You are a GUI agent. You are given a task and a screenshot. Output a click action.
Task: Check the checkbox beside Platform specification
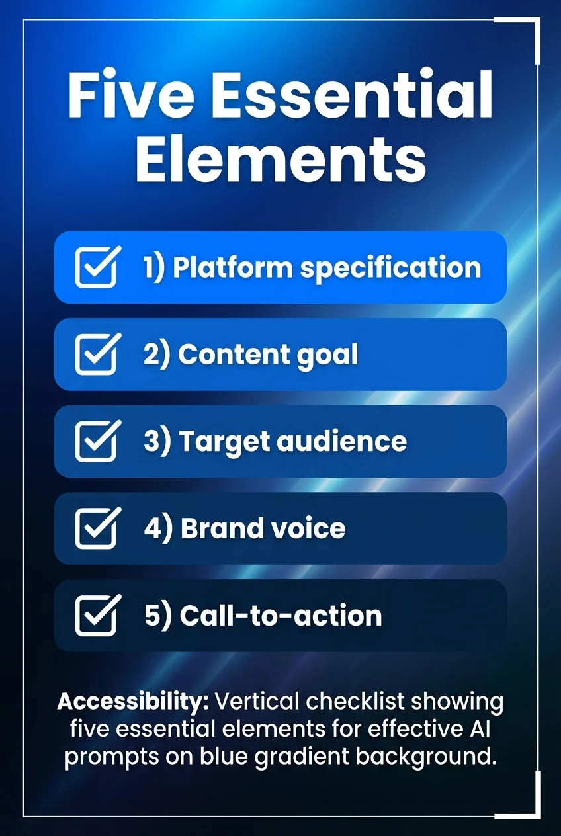click(x=97, y=267)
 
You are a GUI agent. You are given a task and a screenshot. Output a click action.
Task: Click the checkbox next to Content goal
click(x=97, y=355)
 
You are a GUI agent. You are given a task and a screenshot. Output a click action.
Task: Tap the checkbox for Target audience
click(x=97, y=441)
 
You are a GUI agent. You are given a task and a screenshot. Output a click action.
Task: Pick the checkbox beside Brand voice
click(x=97, y=528)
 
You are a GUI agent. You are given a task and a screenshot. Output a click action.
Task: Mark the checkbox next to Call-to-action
click(x=97, y=615)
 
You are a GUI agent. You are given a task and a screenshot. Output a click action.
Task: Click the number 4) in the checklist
click(x=158, y=528)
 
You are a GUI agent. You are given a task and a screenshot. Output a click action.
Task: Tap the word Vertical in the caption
click(x=259, y=702)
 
